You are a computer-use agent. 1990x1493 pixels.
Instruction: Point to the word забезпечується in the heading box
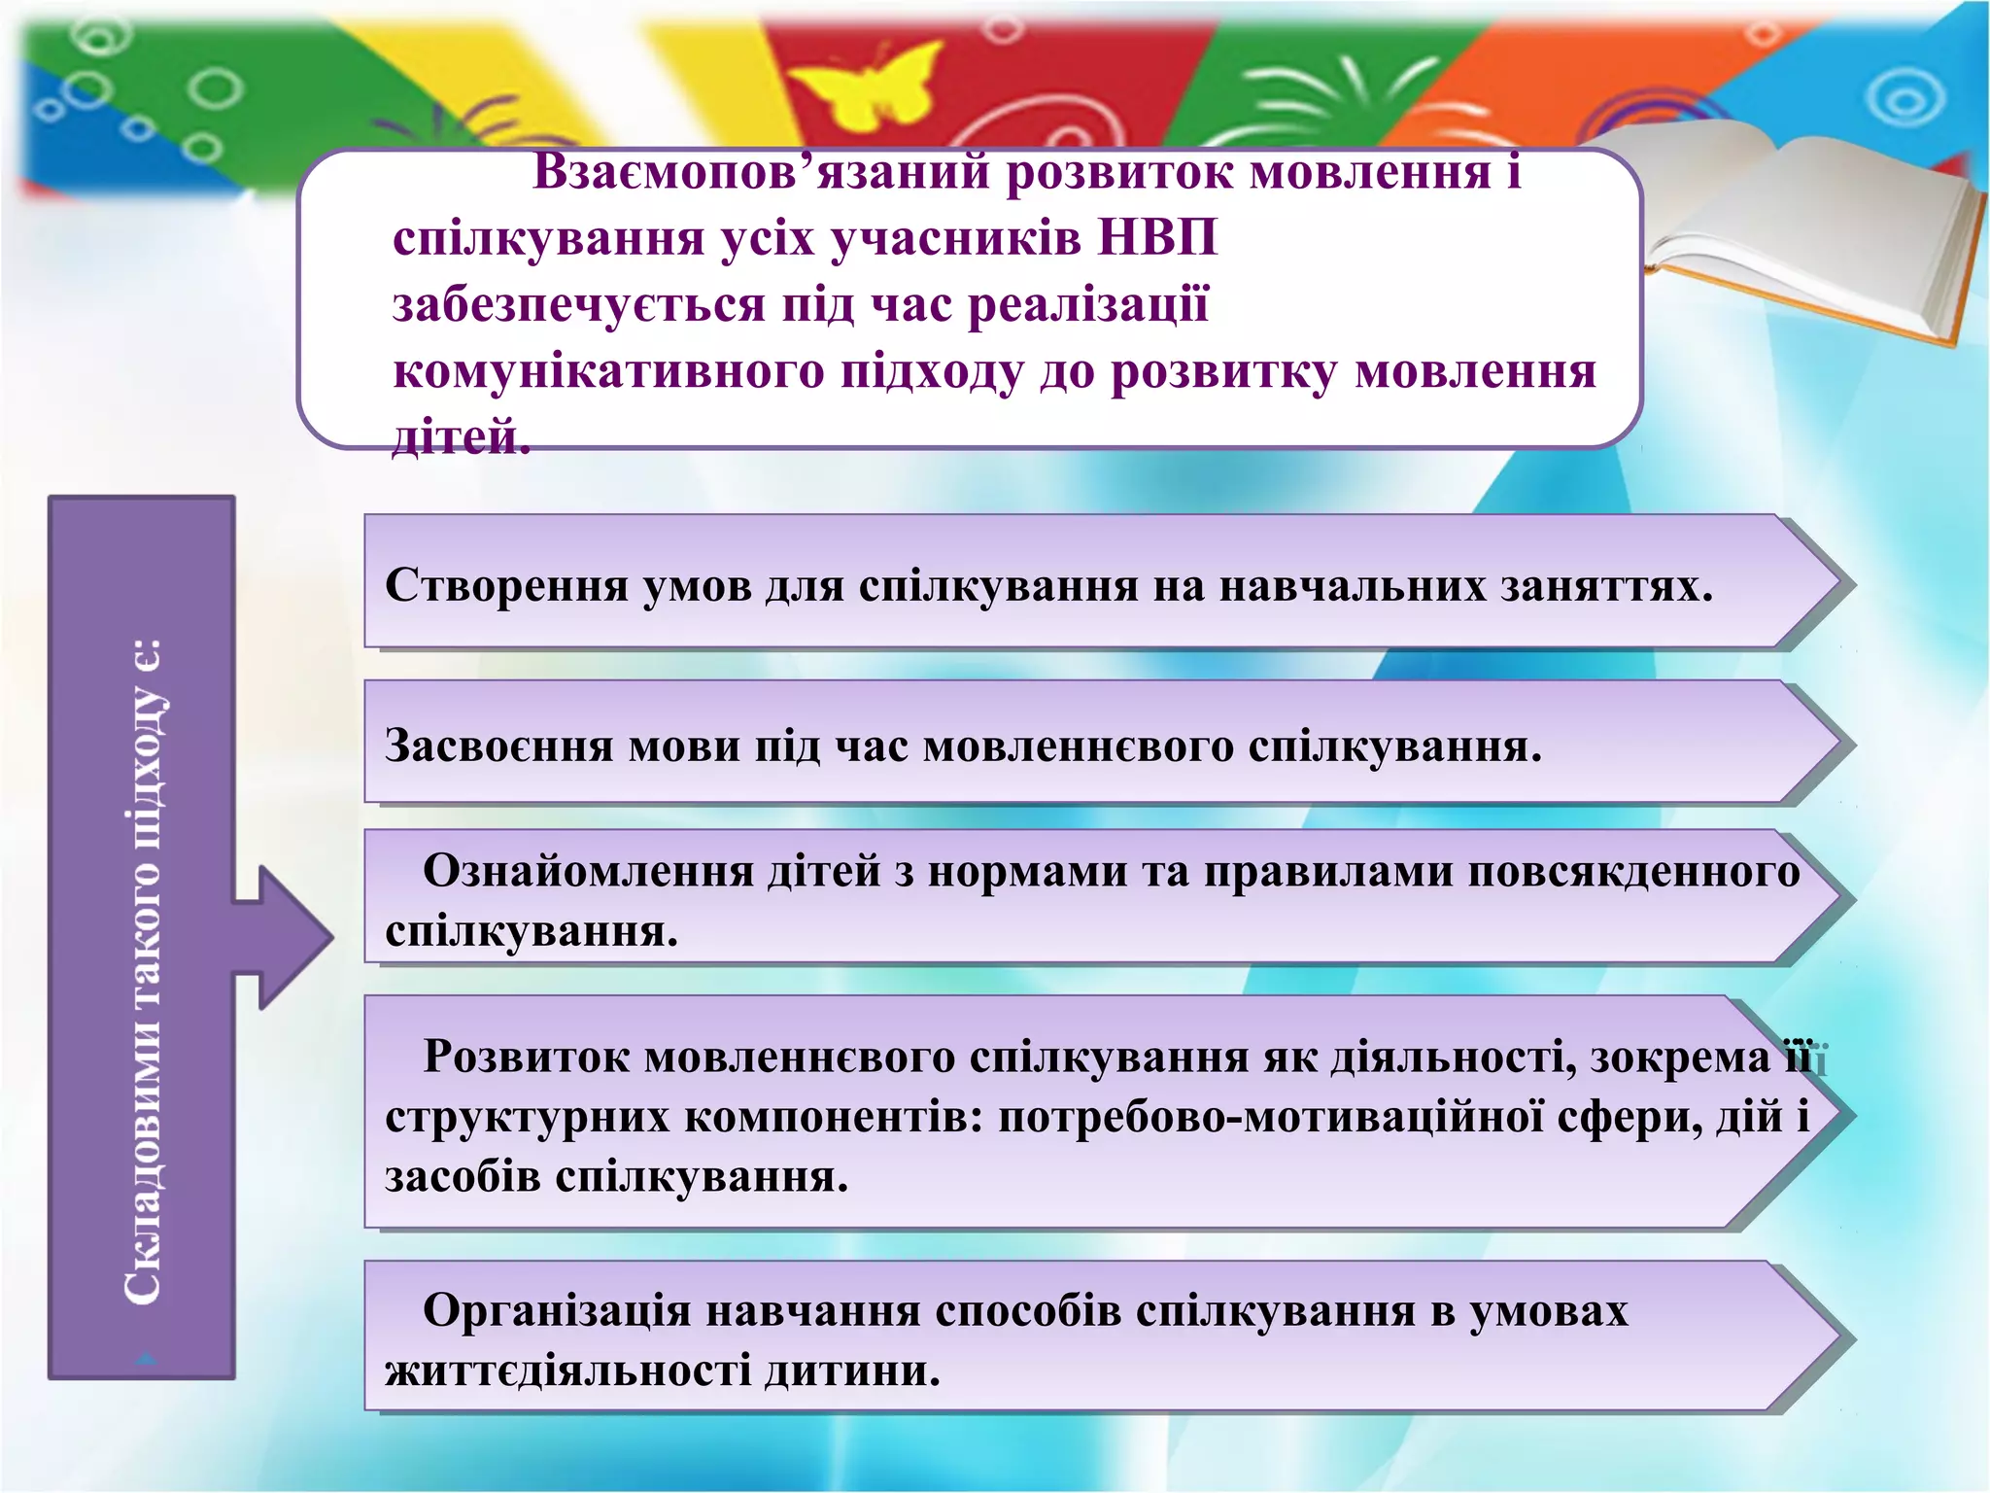579,305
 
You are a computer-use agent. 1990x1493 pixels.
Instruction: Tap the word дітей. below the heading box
461,437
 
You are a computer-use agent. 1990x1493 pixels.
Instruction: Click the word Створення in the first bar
506,586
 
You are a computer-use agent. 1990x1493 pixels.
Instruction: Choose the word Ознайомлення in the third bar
588,871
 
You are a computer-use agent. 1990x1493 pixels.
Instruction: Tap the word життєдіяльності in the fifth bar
567,1371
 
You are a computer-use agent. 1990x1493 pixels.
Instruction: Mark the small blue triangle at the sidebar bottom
147,1360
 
